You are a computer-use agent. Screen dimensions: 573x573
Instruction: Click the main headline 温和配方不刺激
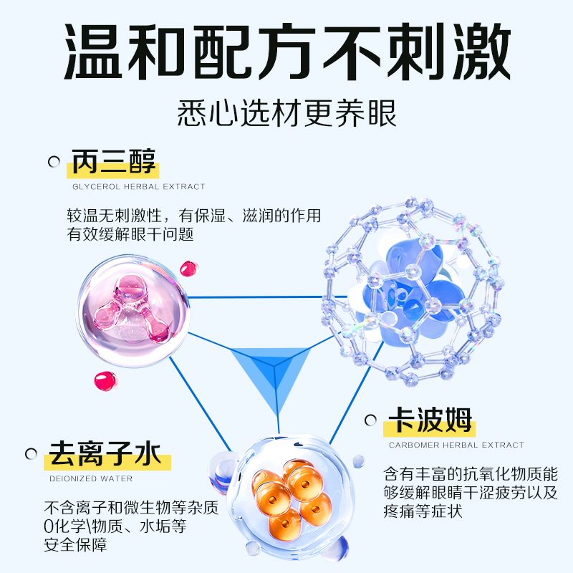286,52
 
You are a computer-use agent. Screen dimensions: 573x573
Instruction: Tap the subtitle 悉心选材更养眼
286,113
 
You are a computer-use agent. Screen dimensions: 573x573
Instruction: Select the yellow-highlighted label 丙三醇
113,162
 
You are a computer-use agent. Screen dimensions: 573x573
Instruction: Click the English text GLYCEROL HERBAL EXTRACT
138,187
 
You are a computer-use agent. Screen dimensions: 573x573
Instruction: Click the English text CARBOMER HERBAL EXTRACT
456,445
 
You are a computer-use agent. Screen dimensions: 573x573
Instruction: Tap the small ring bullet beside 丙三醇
54,162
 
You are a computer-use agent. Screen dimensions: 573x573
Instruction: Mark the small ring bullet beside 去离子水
31,453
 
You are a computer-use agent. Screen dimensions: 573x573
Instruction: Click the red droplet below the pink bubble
105,380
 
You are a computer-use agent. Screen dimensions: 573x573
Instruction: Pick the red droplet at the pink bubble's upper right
188,268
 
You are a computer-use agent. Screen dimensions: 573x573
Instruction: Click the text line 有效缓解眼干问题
130,234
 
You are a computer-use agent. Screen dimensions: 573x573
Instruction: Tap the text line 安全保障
76,544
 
